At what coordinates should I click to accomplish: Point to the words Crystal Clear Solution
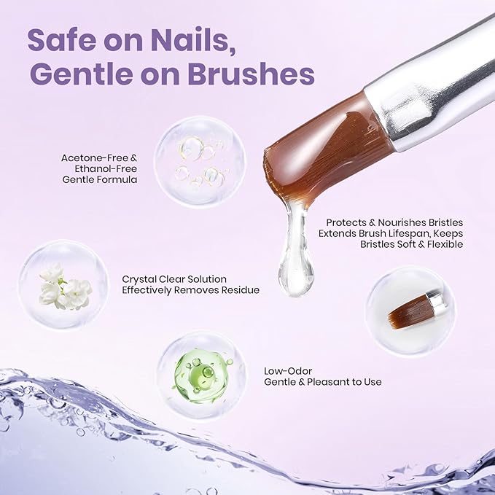click(174, 279)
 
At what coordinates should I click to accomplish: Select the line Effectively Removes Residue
click(191, 290)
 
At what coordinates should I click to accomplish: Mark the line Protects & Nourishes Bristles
click(394, 222)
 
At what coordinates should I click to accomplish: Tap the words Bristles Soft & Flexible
click(412, 244)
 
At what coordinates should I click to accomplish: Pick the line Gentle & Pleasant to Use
click(322, 382)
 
